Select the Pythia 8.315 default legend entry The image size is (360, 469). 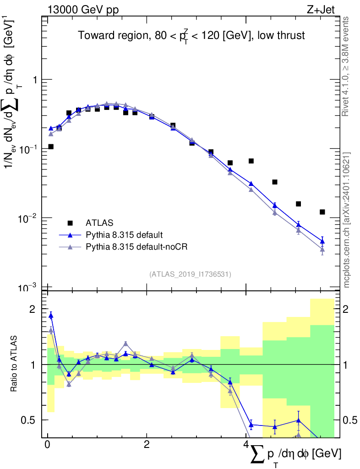pyautogui.click(x=124, y=235)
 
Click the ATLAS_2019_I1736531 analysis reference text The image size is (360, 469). pyautogui.click(x=190, y=274)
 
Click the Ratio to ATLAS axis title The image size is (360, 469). pyautogui.click(x=15, y=364)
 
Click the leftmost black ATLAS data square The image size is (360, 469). pyautogui.click(x=51, y=147)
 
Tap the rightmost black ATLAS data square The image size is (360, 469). pyautogui.click(x=322, y=212)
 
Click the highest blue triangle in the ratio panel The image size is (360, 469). pyautogui.click(x=51, y=315)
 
